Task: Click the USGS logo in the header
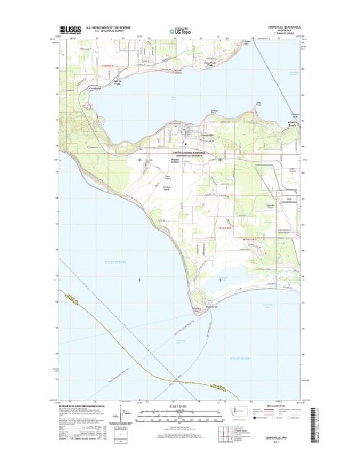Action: pyautogui.click(x=71, y=30)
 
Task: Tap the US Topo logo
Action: pyautogui.click(x=181, y=32)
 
